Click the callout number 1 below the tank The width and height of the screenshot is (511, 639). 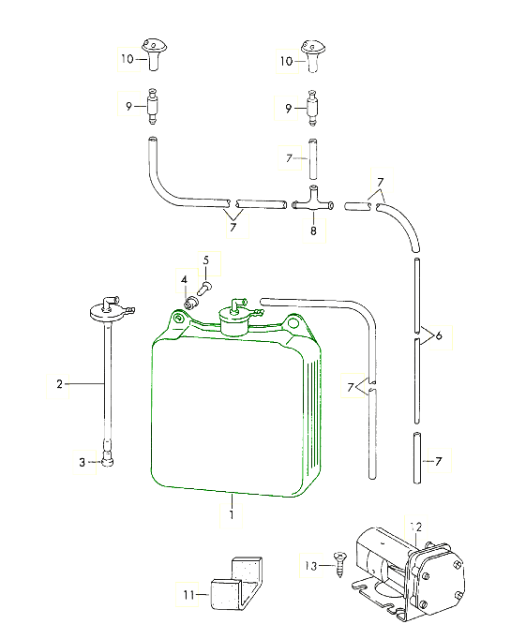point(232,514)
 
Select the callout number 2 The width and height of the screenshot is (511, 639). point(60,384)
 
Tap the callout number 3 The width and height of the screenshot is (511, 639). point(82,462)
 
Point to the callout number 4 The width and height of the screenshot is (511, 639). point(184,280)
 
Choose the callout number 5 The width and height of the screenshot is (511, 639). point(206,260)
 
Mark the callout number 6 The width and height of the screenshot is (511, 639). point(439,335)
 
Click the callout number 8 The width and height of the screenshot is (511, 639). point(313,231)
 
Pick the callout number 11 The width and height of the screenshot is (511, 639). point(188,595)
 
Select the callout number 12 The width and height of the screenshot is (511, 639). point(416,528)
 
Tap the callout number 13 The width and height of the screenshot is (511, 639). point(310,566)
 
